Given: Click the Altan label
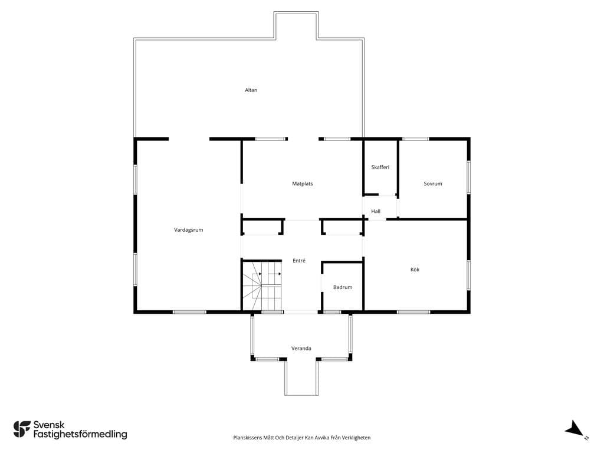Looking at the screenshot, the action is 251,90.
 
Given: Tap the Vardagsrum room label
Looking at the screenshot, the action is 188,230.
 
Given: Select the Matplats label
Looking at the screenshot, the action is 303,184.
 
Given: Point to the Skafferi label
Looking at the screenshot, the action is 380,167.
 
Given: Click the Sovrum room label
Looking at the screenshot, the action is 432,184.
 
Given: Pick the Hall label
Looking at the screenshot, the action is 376,211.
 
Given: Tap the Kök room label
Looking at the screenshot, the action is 415,270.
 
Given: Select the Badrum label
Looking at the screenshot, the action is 343,287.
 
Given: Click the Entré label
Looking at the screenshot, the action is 299,261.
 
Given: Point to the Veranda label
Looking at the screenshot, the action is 301,349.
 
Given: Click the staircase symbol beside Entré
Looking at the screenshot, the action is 262,286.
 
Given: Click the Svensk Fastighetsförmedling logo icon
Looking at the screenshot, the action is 22,429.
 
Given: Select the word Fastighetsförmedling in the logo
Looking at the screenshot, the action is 80,435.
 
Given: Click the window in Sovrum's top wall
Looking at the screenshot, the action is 416,139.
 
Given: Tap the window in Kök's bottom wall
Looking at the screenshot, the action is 413,312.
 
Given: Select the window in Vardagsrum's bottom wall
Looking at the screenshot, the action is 189,312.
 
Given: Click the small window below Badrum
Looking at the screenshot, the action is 332,312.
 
